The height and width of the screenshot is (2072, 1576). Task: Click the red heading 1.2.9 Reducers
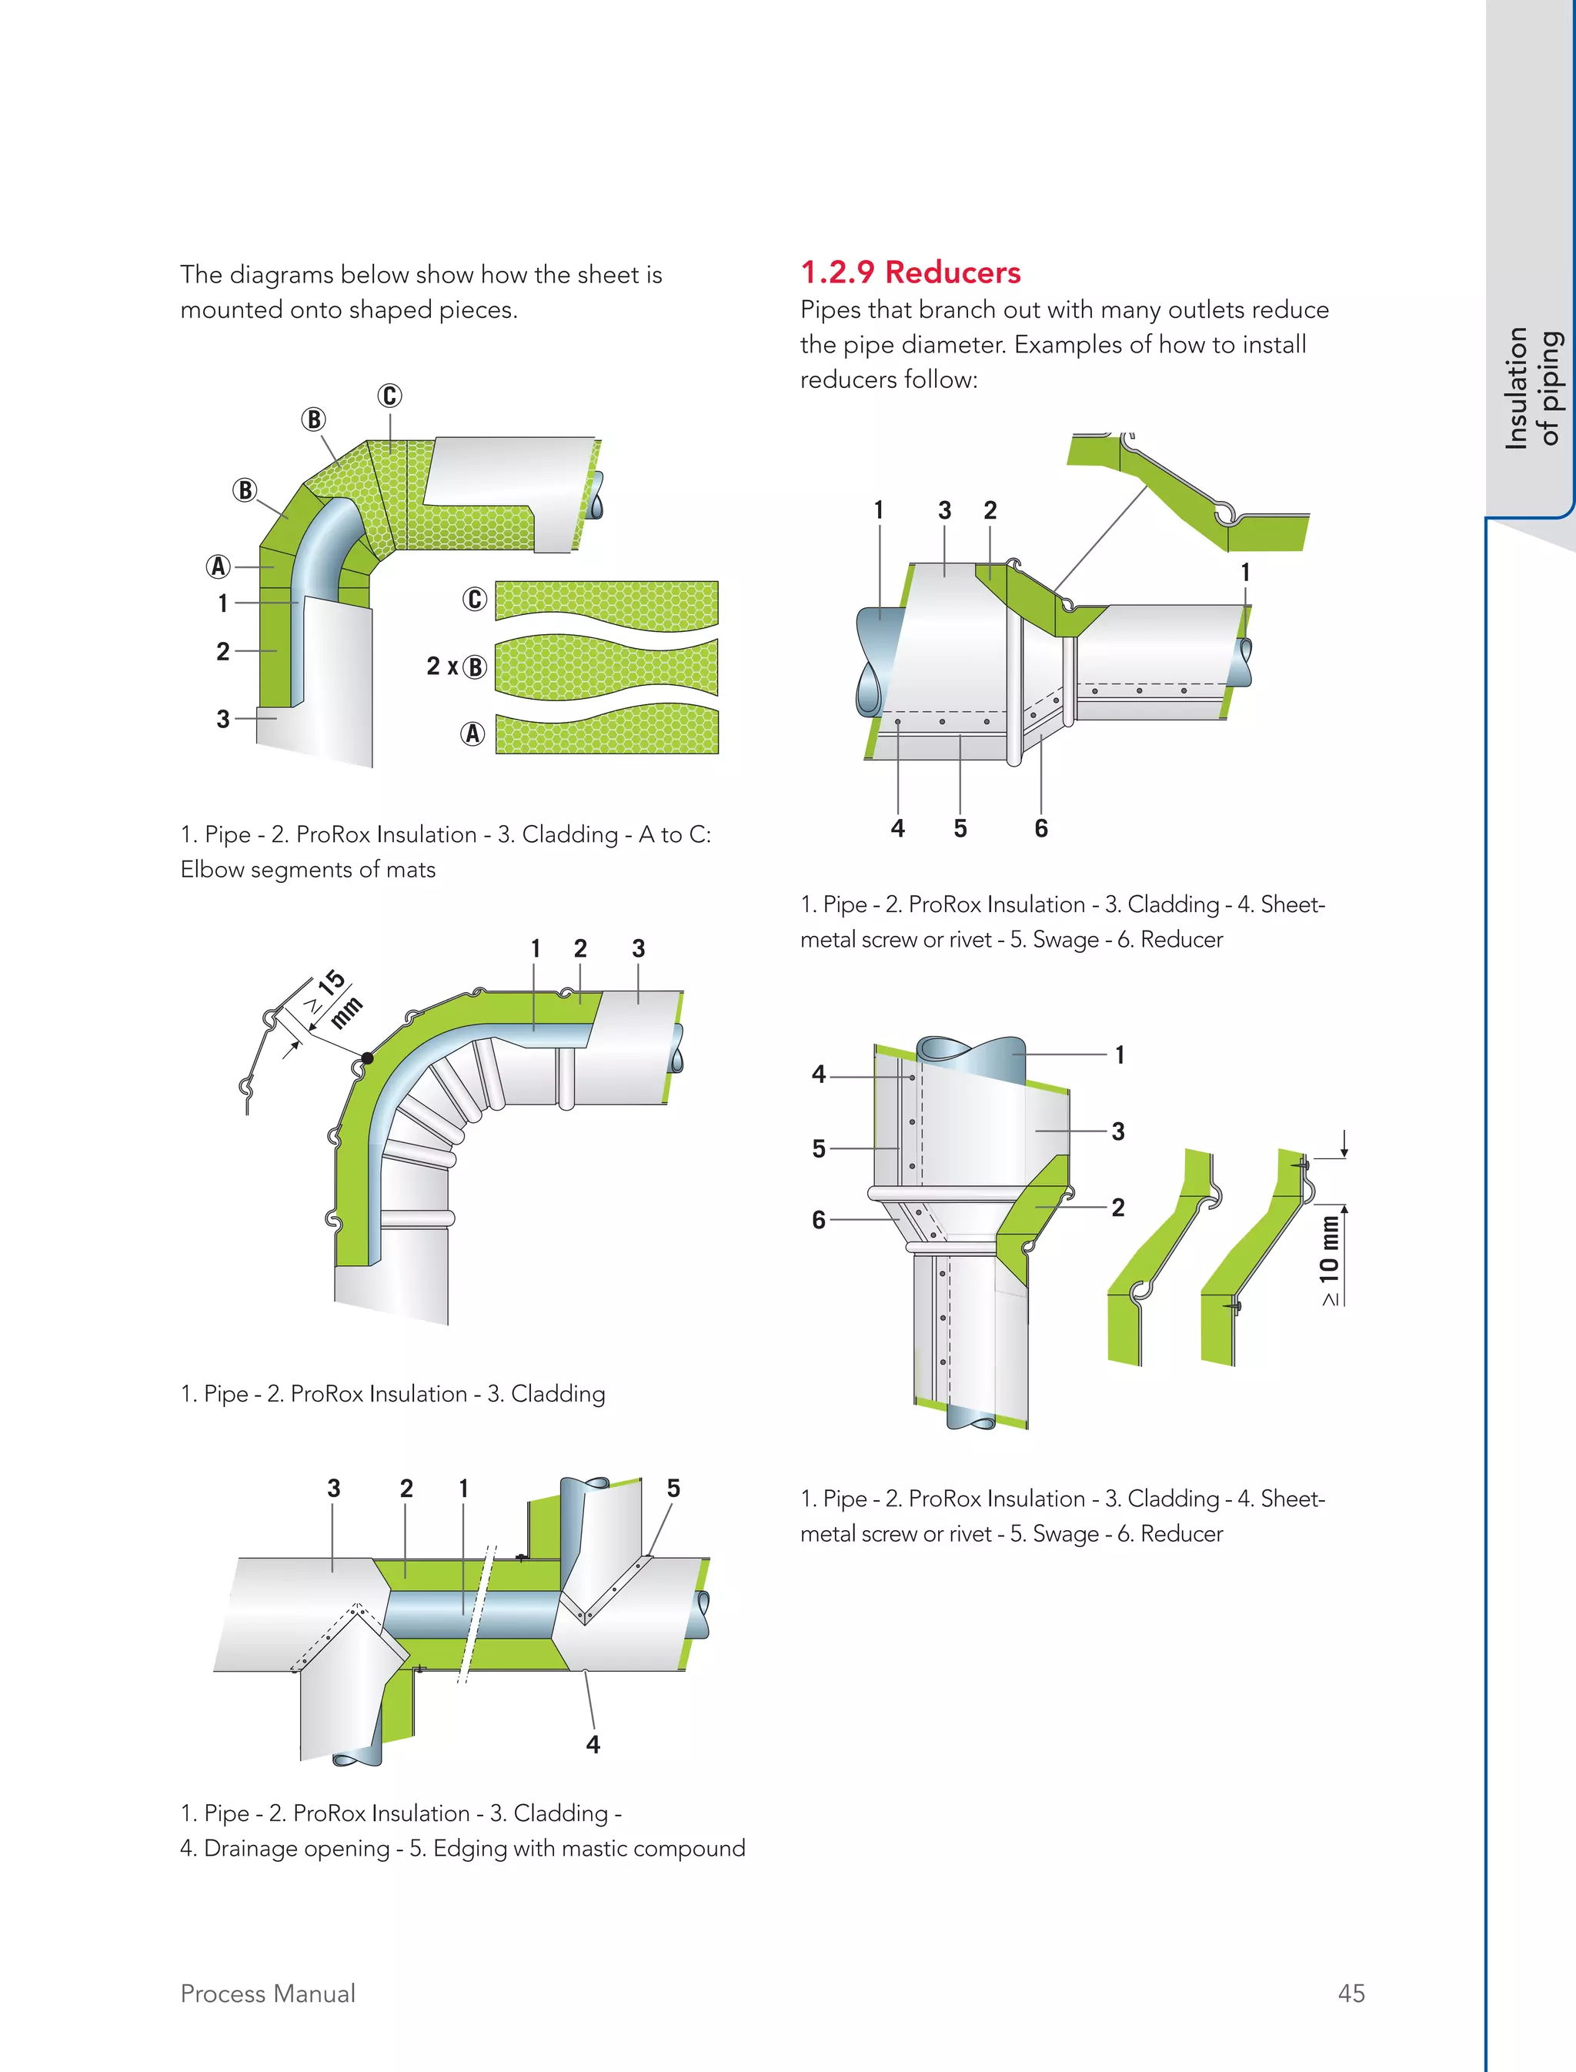pyautogui.click(x=910, y=272)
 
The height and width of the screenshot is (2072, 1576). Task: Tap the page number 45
pyautogui.click(x=1351, y=1993)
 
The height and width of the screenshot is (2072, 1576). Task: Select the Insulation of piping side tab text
pyautogui.click(x=1533, y=388)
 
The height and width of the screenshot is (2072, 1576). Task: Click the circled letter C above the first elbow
pyautogui.click(x=390, y=396)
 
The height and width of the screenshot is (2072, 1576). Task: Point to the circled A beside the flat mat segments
pyautogui.click(x=472, y=734)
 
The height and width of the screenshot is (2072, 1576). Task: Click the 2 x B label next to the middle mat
pyautogui.click(x=456, y=667)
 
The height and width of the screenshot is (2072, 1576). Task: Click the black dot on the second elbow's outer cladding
pyautogui.click(x=368, y=1058)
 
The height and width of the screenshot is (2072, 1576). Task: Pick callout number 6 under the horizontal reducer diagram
pyautogui.click(x=1040, y=827)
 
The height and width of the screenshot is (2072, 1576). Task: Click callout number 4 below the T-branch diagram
pyautogui.click(x=593, y=1743)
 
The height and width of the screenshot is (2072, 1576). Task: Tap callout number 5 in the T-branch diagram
pyautogui.click(x=673, y=1489)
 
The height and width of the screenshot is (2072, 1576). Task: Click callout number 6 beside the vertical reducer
pyautogui.click(x=819, y=1219)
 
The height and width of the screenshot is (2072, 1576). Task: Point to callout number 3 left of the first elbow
pyautogui.click(x=223, y=719)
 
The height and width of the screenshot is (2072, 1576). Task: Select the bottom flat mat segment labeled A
pyautogui.click(x=606, y=732)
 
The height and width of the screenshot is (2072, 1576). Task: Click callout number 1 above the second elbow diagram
pyautogui.click(x=535, y=949)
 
